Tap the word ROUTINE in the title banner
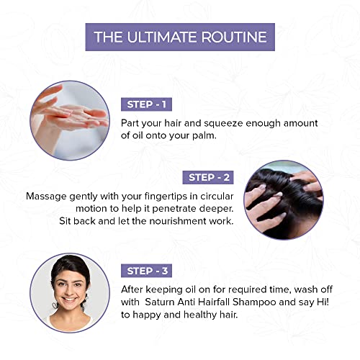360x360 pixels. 234,37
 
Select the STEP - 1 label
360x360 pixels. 146,104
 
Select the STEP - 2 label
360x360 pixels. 208,178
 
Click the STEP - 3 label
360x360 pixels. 146,271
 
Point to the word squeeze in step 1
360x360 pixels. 223,124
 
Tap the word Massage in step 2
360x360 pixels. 46,197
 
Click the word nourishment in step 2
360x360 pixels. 178,221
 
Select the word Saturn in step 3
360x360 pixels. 160,302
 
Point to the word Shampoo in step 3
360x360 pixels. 254,302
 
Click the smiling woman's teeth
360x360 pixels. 69,300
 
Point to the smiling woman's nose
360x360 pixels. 69,290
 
